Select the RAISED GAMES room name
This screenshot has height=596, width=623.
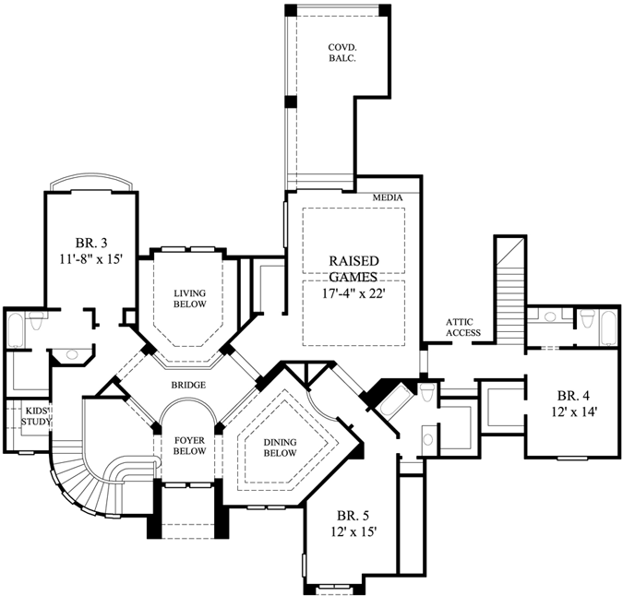pos(353,268)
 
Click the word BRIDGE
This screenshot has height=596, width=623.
pos(187,385)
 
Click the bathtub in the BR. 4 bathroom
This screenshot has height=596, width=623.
pos(610,329)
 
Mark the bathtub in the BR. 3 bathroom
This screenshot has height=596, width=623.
pos(16,330)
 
